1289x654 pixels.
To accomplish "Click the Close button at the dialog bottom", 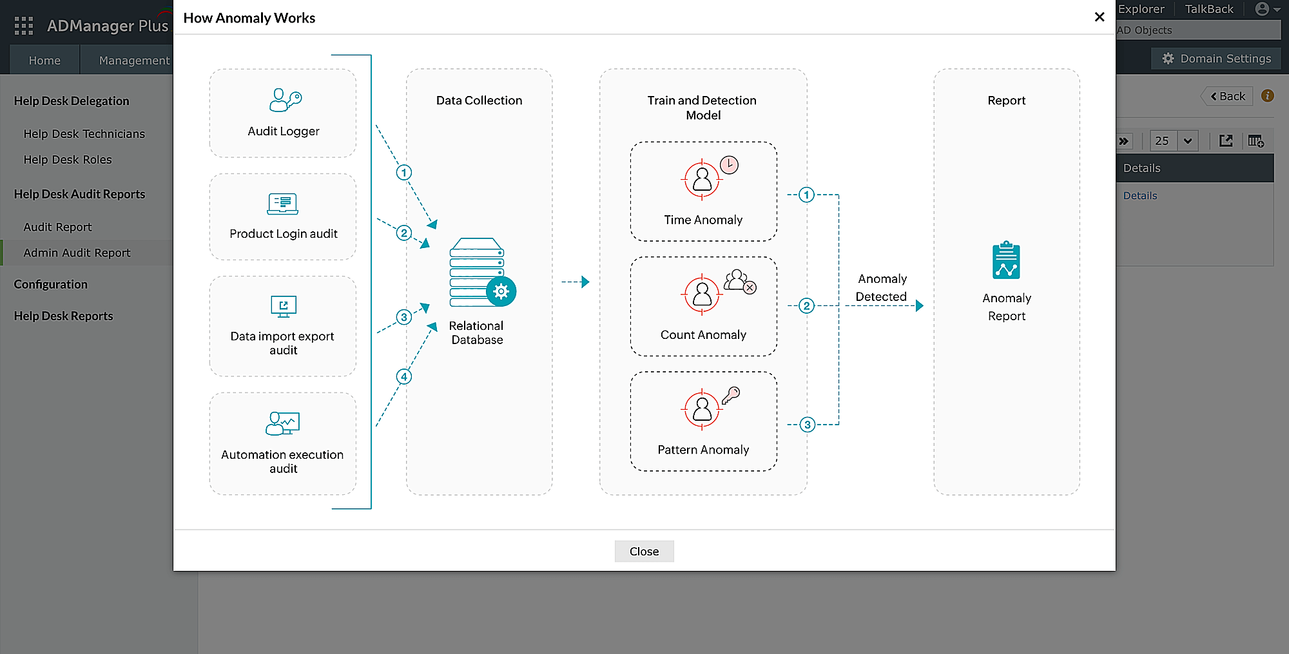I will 644,552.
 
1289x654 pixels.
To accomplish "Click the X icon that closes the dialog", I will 1100,17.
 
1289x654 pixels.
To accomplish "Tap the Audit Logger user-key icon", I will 284,101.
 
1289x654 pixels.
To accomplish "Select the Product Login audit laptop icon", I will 283,204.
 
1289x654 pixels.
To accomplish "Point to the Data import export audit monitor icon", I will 284,307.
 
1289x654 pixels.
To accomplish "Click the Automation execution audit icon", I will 283,423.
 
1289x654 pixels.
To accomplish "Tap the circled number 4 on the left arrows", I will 404,377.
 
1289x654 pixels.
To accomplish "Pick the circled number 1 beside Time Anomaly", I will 806,195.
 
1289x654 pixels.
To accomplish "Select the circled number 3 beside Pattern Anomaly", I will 807,425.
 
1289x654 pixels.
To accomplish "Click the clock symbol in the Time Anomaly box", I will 729,165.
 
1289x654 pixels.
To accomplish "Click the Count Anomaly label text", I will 703,335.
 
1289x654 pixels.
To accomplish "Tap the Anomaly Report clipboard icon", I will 1006,261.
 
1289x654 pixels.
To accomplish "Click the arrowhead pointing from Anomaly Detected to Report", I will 920,305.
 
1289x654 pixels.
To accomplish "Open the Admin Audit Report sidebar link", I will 77,253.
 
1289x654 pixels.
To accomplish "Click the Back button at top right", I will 1228,97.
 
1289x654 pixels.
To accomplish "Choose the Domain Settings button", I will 1216,59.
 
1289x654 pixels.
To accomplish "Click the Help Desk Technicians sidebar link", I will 84,134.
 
